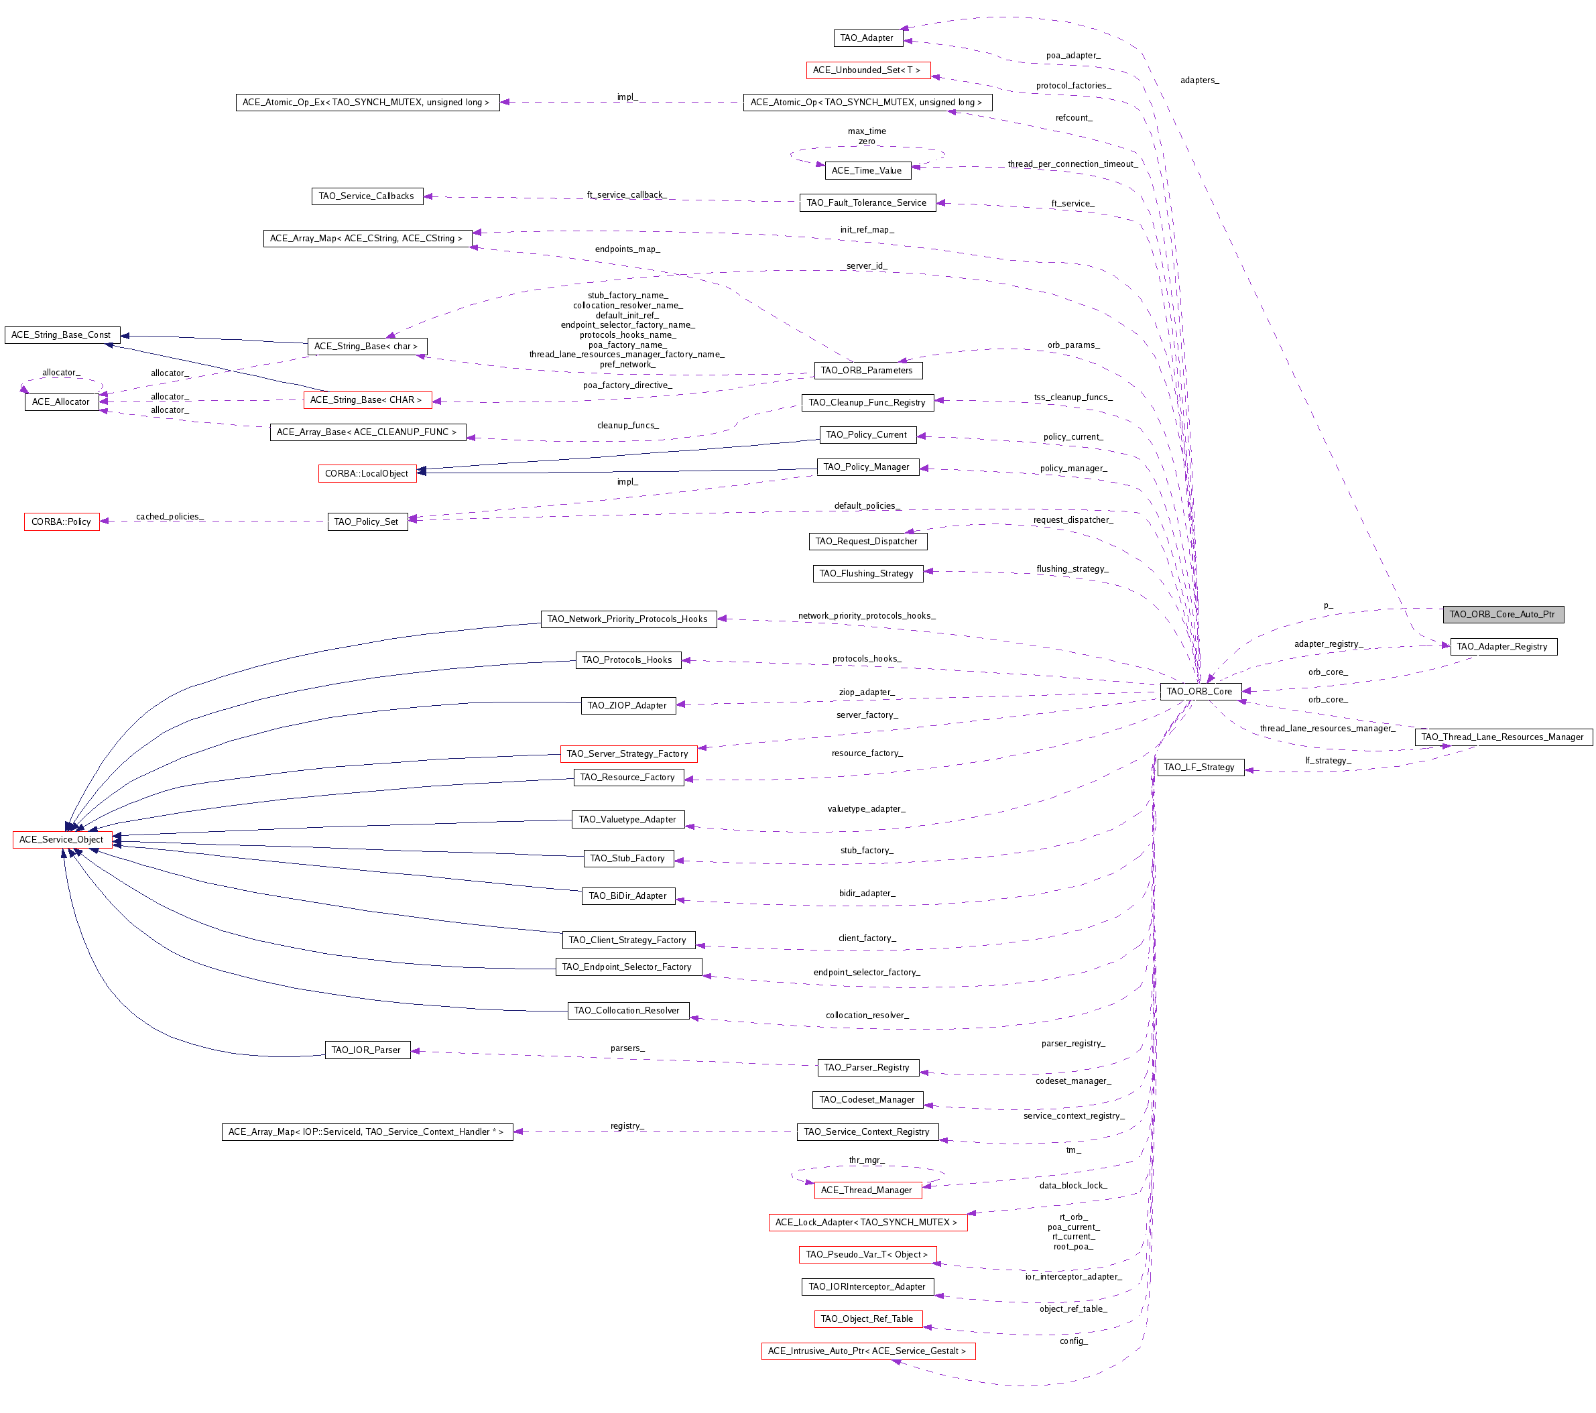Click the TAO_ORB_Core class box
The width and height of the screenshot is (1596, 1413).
pyautogui.click(x=1199, y=691)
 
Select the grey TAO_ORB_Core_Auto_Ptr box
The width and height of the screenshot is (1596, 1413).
pyautogui.click(x=1502, y=615)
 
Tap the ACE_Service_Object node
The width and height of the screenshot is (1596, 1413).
pyautogui.click(x=62, y=839)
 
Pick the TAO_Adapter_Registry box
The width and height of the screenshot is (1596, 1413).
pyautogui.click(x=1502, y=646)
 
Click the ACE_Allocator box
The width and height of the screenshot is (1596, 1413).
pyautogui.click(x=61, y=402)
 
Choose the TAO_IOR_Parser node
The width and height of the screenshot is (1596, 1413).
pyautogui.click(x=366, y=1050)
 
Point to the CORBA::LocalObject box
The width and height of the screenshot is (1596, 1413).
pyautogui.click(x=367, y=474)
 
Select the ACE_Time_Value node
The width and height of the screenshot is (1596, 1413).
pyautogui.click(x=867, y=170)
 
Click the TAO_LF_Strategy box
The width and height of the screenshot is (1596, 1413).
pyautogui.click(x=1199, y=767)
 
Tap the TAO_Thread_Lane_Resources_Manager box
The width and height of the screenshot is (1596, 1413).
pyautogui.click(x=1502, y=737)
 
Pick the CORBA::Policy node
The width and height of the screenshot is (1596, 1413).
pyautogui.click(x=62, y=521)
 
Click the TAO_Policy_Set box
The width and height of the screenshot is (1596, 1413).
pyautogui.click(x=367, y=521)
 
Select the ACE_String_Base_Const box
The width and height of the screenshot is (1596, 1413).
pyautogui.click(x=62, y=335)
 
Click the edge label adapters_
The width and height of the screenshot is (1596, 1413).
pyautogui.click(x=1199, y=80)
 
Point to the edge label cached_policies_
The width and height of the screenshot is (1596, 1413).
pyautogui.click(x=170, y=516)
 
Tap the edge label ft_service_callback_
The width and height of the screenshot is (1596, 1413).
pyautogui.click(x=627, y=194)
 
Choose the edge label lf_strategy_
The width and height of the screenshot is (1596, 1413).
pyautogui.click(x=1328, y=760)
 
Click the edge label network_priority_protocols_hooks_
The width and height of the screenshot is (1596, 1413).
pyautogui.click(x=867, y=615)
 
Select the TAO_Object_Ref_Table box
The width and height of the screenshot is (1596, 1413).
pyautogui.click(x=867, y=1318)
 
